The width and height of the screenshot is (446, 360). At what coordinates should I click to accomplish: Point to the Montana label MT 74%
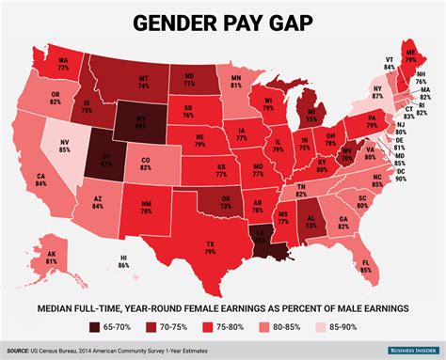click(x=143, y=82)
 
